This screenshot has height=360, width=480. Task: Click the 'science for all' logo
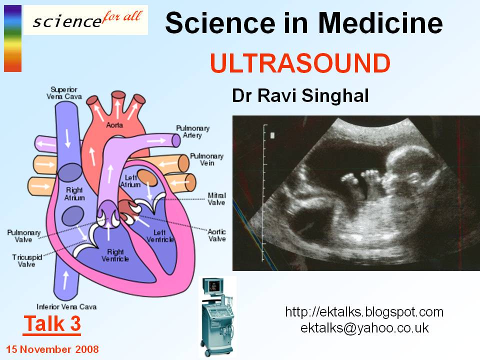point(85,20)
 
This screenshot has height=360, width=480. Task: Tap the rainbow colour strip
point(12,38)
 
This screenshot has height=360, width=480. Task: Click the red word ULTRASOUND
point(300,63)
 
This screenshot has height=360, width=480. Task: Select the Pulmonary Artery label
point(192,132)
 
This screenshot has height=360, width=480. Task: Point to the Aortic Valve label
point(217,235)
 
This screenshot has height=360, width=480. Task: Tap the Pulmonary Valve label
point(20,236)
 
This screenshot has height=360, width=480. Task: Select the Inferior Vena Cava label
point(66,306)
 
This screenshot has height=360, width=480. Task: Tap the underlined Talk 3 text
point(52,324)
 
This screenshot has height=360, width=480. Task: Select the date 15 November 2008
point(52,349)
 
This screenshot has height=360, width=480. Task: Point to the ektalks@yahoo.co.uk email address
point(364,328)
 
